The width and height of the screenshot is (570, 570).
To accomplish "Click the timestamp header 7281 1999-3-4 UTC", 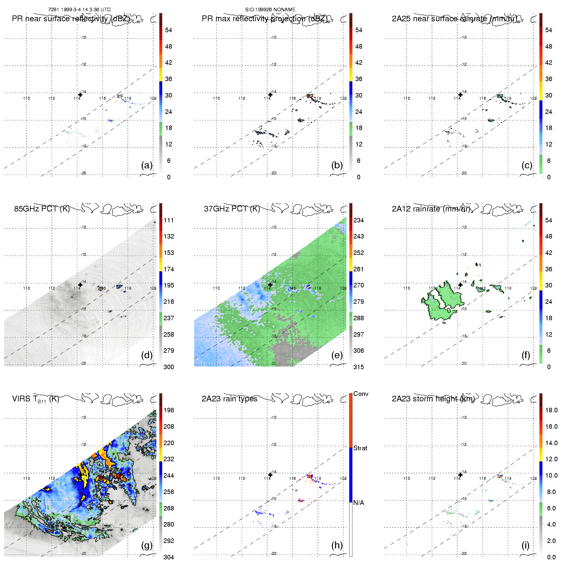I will pyautogui.click(x=79, y=10).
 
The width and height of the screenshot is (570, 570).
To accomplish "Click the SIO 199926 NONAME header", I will pyautogui.click(x=270, y=10).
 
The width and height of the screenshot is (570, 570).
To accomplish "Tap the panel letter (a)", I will pyautogui.click(x=146, y=165).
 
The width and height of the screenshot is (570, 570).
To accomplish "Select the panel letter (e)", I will pyautogui.click(x=337, y=355).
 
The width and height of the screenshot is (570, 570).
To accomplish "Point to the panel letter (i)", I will pyautogui.click(x=525, y=545).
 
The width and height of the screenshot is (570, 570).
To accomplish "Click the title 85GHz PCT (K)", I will pyautogui.click(x=42, y=209).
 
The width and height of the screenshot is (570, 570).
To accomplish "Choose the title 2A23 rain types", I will pyautogui.click(x=229, y=399).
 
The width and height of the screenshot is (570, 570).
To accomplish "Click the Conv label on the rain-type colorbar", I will pyautogui.click(x=360, y=394).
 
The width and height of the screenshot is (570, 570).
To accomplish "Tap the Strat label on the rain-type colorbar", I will pyautogui.click(x=360, y=448).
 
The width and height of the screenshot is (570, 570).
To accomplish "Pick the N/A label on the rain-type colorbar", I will pyautogui.click(x=359, y=503).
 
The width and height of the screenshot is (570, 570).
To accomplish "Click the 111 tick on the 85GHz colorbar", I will pyautogui.click(x=169, y=220).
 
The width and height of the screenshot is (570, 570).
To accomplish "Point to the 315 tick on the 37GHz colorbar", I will pyautogui.click(x=359, y=367).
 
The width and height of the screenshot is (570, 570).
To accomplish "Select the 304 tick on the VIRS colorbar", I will pyautogui.click(x=169, y=557).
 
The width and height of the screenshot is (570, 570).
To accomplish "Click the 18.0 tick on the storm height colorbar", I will pyautogui.click(x=551, y=410).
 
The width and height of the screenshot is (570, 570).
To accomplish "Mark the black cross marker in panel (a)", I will pyautogui.click(x=80, y=95).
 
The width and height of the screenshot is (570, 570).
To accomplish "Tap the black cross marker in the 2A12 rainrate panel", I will pyautogui.click(x=460, y=285).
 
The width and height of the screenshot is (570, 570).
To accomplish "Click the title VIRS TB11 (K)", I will pyautogui.click(x=35, y=399).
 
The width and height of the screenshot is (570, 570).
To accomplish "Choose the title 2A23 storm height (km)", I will pyautogui.click(x=433, y=399).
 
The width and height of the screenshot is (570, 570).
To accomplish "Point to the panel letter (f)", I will pyautogui.click(x=525, y=355).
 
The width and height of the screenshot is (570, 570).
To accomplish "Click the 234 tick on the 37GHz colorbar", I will pyautogui.click(x=359, y=220).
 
